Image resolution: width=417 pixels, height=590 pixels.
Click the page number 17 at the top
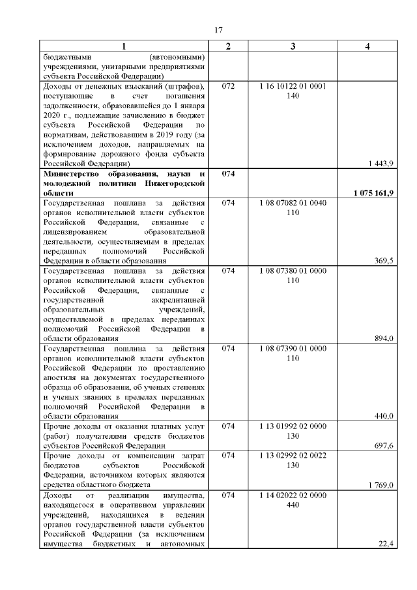coord(219,29)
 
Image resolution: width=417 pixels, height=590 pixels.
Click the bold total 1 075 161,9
coord(373,194)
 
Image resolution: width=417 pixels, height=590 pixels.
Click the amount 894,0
coord(383,338)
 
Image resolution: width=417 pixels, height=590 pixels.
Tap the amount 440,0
coord(383,416)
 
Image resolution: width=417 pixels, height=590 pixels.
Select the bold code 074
coord(228,174)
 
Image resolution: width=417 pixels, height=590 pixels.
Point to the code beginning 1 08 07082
coord(293,203)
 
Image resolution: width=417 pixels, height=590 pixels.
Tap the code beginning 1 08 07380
coord(293,270)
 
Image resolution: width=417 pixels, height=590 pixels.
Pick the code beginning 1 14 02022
coord(293,495)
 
